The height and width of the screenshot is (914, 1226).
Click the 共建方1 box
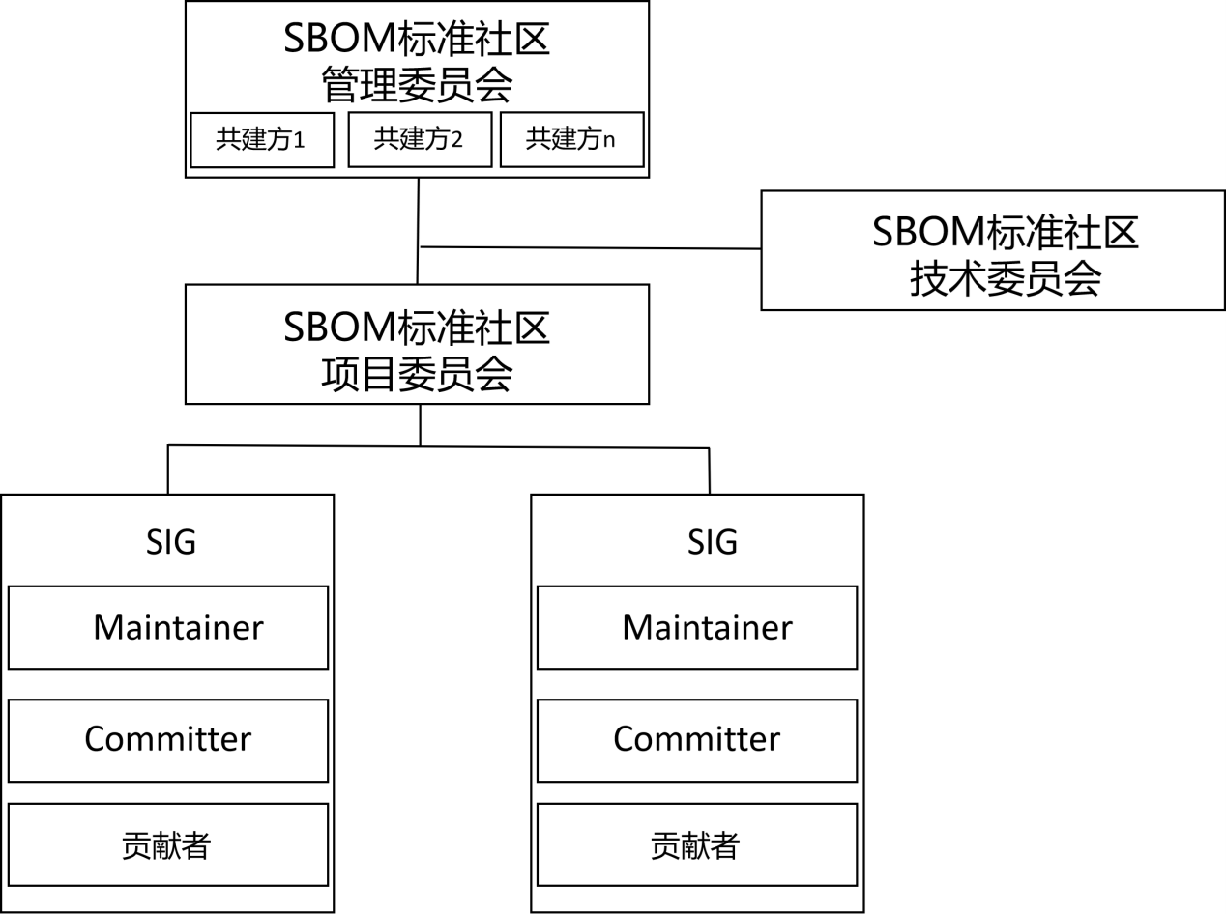[x=261, y=140]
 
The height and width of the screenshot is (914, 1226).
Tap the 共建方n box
[x=571, y=140]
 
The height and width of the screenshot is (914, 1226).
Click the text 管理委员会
[x=417, y=87]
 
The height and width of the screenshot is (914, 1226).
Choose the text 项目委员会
[x=417, y=374]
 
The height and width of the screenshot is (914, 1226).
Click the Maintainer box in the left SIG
[x=168, y=627]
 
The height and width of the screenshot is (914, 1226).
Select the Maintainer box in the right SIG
[x=697, y=627]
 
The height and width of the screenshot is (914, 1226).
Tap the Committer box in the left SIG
[x=168, y=739]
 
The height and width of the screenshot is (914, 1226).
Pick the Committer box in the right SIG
[x=697, y=739]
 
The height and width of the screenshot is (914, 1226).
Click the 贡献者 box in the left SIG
[x=168, y=844]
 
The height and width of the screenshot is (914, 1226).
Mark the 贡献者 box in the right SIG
[x=697, y=844]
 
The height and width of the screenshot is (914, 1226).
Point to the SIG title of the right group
[x=713, y=541]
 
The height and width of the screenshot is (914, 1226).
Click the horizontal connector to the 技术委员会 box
[x=590, y=248]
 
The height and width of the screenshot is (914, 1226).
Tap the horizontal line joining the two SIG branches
[x=290, y=445]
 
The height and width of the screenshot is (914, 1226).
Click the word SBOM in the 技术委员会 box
[x=927, y=233]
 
